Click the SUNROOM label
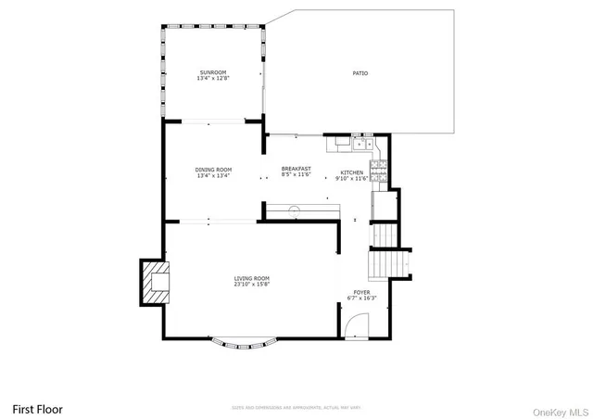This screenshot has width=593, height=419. [212, 72]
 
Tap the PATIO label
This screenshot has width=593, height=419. [360, 73]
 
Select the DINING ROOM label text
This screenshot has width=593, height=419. [213, 170]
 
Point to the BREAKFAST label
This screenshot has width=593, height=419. [296, 169]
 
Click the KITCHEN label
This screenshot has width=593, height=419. [352, 172]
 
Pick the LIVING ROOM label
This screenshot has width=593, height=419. [252, 278]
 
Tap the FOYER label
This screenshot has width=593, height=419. [361, 292]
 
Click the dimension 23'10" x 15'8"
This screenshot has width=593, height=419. [252, 285]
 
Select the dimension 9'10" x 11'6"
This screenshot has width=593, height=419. [352, 178]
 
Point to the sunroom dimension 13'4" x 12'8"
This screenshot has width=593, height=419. [212, 79]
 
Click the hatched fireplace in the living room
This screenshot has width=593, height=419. [155, 283]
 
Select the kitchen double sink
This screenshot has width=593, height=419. [360, 144]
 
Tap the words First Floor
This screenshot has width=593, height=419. [37, 408]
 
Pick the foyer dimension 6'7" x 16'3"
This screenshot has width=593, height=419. [361, 298]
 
